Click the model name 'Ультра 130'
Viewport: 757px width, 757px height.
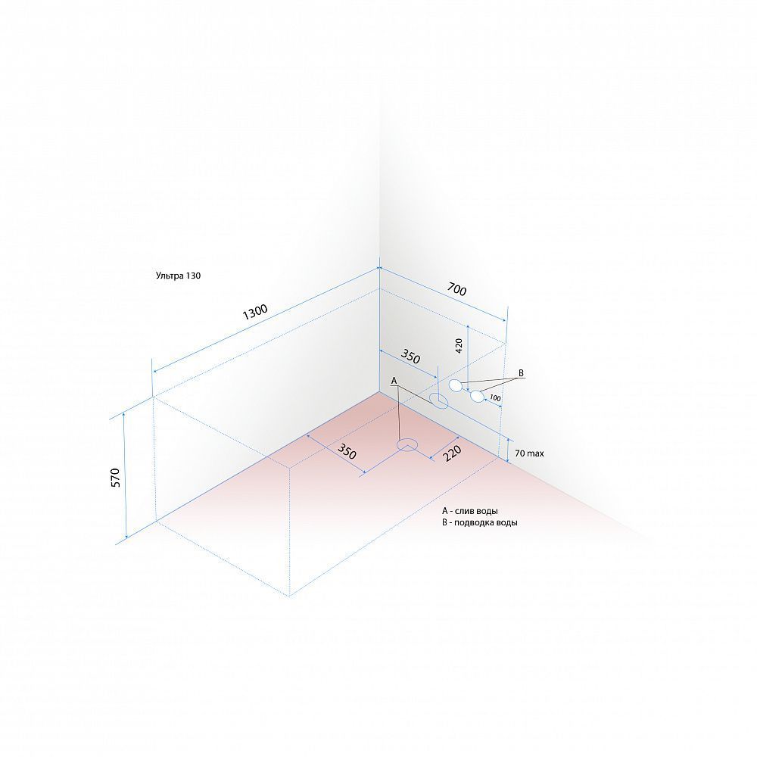click(x=178, y=276)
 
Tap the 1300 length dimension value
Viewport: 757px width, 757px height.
click(x=255, y=313)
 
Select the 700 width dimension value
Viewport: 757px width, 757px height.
click(x=456, y=289)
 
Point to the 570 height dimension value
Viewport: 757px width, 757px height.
click(x=116, y=477)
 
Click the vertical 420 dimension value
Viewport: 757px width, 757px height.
click(x=459, y=345)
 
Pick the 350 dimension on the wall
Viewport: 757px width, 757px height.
click(x=410, y=357)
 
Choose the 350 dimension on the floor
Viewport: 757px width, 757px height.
click(x=347, y=451)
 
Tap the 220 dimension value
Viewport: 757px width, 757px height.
click(x=452, y=453)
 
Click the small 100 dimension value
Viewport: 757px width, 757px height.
click(x=495, y=398)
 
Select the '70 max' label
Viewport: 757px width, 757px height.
click(x=529, y=453)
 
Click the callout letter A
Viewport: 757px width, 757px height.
click(x=394, y=381)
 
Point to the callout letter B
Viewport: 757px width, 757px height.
click(x=521, y=372)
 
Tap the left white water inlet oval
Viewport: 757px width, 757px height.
click(x=455, y=385)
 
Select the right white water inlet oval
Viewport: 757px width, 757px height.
click(x=477, y=396)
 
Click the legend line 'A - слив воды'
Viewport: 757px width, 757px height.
click(x=470, y=511)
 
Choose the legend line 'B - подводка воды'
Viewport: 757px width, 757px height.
click(x=479, y=522)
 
